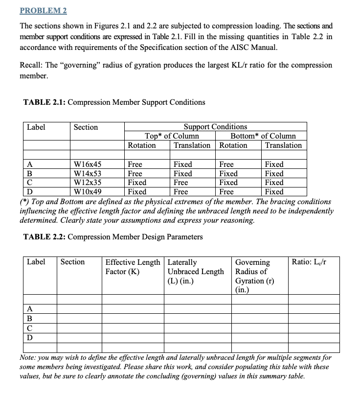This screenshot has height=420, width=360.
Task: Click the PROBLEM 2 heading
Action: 43,10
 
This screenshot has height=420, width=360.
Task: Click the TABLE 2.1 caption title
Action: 114,102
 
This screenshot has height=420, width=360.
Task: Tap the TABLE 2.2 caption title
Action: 112,237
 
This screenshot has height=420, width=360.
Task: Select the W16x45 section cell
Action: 88,164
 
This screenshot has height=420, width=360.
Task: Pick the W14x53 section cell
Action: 88,174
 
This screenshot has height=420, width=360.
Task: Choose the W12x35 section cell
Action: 88,183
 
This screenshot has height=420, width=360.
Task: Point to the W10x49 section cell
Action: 88,192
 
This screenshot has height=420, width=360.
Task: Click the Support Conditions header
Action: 215,127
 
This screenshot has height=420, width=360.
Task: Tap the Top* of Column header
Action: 172,136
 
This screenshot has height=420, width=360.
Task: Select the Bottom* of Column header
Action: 263,136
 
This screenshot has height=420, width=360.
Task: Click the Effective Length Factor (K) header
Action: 133,267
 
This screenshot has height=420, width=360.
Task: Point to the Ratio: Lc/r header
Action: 309,262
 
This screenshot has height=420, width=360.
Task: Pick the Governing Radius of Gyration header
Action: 252,276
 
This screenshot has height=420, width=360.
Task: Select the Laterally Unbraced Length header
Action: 196,271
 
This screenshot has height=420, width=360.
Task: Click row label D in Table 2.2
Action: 30,338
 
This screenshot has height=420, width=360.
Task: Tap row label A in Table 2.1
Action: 30,164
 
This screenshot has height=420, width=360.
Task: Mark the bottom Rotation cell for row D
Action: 226,192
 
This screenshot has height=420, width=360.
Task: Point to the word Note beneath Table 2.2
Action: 28,358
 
